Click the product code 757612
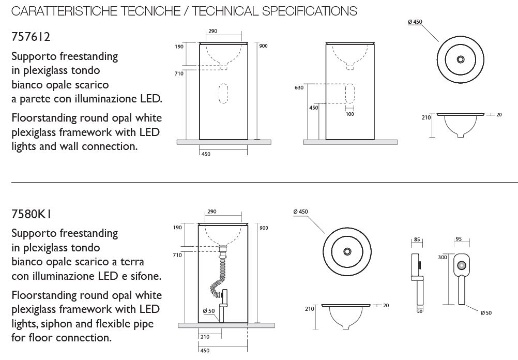(31, 37)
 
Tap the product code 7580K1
(31, 214)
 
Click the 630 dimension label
(299, 87)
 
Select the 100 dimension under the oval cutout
(349, 114)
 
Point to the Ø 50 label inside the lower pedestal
(209, 311)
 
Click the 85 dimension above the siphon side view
(417, 239)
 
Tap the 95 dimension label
(459, 238)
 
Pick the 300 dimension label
(443, 257)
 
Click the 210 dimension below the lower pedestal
(205, 337)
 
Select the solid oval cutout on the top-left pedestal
(223, 94)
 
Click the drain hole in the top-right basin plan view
(461, 59)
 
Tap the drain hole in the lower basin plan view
(347, 251)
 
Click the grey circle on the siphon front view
(462, 265)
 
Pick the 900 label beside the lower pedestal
(264, 228)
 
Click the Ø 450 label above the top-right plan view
(415, 22)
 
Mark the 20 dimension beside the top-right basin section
(499, 115)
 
